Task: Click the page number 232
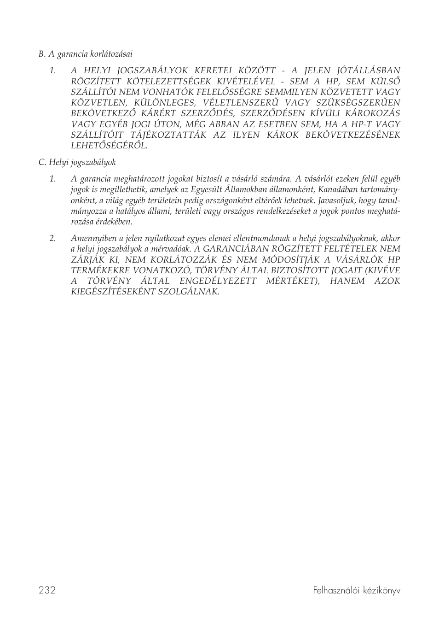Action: pos(47,590)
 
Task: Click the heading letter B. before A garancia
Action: pos(42,54)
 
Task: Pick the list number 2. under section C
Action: pos(53,238)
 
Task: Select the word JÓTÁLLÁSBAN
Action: pos(369,70)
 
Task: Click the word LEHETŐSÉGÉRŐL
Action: pos(109,146)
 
